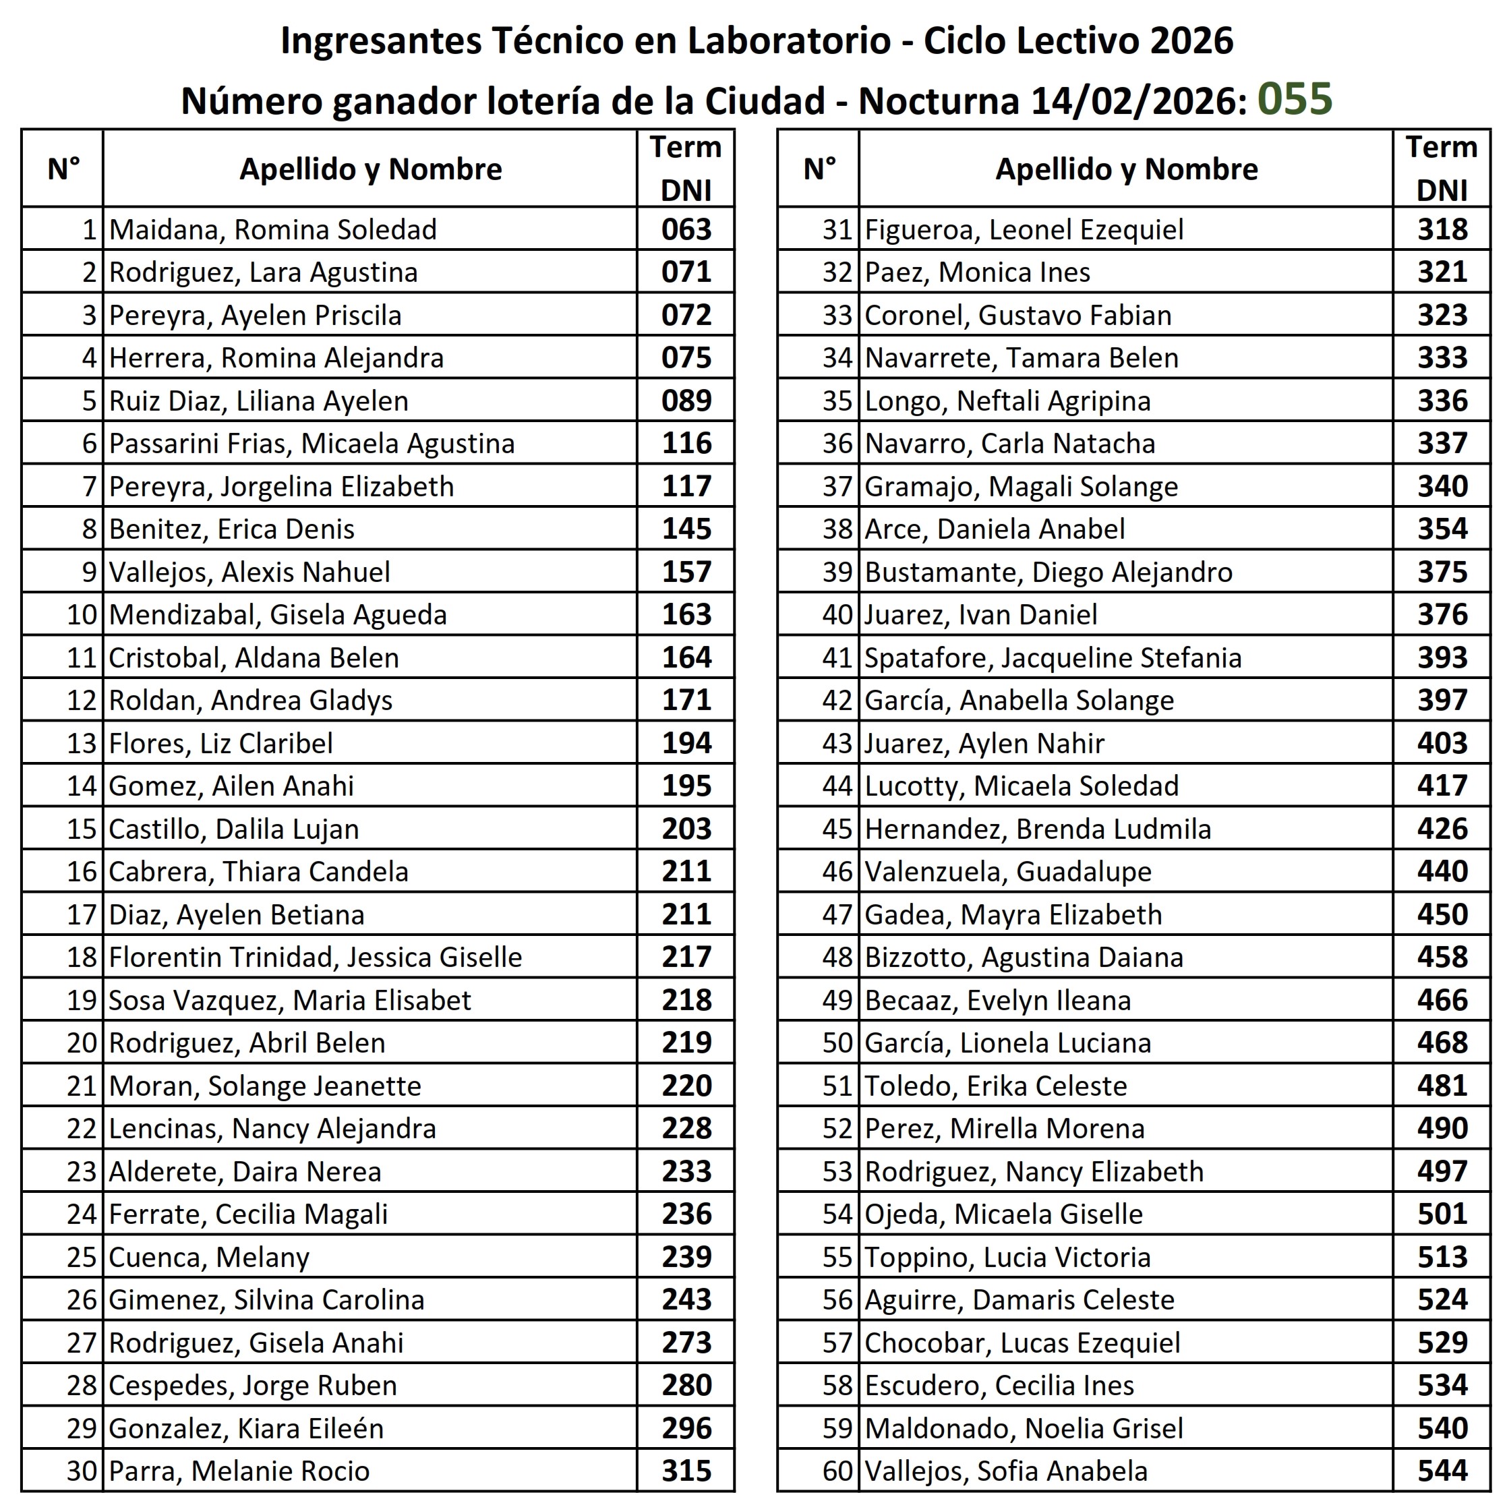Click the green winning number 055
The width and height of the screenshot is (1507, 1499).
click(x=1295, y=99)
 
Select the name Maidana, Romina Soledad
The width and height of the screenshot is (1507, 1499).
click(x=273, y=229)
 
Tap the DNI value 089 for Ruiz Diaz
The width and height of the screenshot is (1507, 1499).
click(x=686, y=401)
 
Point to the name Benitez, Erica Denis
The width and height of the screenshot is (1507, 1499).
click(x=232, y=529)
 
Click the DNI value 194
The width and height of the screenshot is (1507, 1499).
click(x=686, y=742)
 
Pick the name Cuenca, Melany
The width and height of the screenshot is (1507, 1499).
click(x=209, y=1257)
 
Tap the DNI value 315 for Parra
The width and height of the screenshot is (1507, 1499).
click(x=686, y=1471)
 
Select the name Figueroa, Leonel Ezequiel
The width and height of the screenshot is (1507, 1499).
click(x=1024, y=229)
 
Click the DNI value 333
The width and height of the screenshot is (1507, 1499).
click(x=1442, y=358)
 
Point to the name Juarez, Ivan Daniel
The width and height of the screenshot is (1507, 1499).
click(x=980, y=614)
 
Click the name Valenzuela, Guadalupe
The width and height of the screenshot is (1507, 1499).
click(x=1008, y=871)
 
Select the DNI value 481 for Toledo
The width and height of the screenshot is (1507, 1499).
click(x=1442, y=1086)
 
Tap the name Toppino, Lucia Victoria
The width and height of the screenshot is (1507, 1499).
click(x=1008, y=1257)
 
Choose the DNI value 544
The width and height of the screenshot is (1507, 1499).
click(x=1442, y=1471)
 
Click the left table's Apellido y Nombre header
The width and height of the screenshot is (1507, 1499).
click(x=370, y=169)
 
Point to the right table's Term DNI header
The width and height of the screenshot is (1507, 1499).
click(x=1442, y=169)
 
